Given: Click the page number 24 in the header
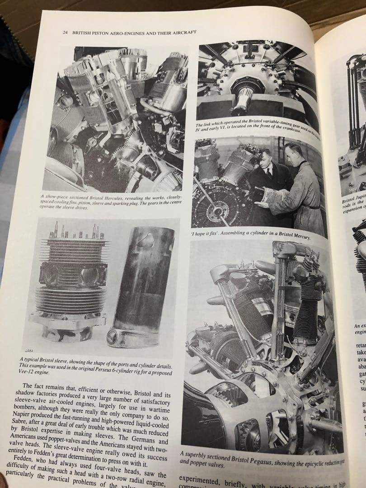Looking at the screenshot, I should pos(65,33).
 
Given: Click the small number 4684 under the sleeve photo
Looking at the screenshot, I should pos(25,351).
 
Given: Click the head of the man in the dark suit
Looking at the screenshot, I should pos(267,159).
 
